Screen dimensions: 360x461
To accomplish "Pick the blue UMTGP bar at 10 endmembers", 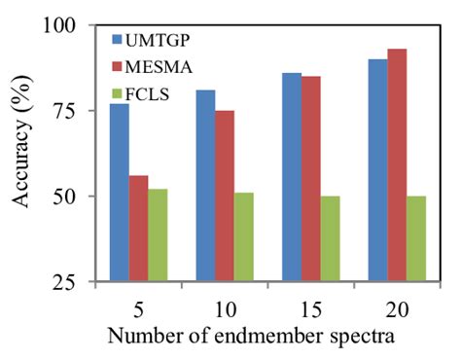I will pyautogui.click(x=205, y=185).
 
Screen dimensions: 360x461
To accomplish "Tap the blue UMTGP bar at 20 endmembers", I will pyautogui.click(x=378, y=170).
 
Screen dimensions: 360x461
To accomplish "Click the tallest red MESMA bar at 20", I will pyautogui.click(x=398, y=165).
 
